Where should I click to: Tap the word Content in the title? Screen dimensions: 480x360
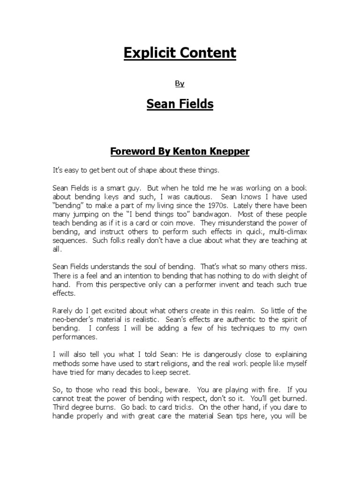[208, 53]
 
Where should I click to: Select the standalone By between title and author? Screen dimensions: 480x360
[180, 83]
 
